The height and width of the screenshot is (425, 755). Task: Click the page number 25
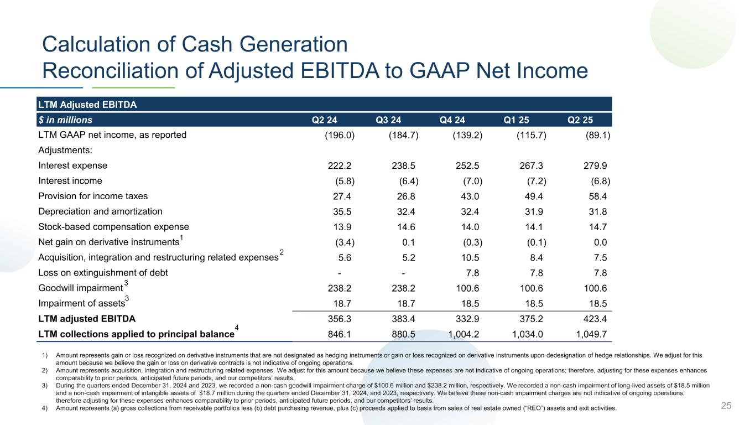726,406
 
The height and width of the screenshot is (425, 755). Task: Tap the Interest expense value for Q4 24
466,165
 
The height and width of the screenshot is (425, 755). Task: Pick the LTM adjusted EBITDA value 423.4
595,319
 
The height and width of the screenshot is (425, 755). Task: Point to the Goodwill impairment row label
80,288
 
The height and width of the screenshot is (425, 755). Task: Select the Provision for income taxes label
93,196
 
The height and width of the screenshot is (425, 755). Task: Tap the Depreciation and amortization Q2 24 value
339,211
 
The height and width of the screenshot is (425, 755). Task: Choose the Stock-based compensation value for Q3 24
403,226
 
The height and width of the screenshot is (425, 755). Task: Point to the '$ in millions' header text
65,120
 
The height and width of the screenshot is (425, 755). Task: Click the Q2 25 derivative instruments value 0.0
600,242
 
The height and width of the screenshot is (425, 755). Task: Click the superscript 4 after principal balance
237,328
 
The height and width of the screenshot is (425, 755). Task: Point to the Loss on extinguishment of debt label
103,272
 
